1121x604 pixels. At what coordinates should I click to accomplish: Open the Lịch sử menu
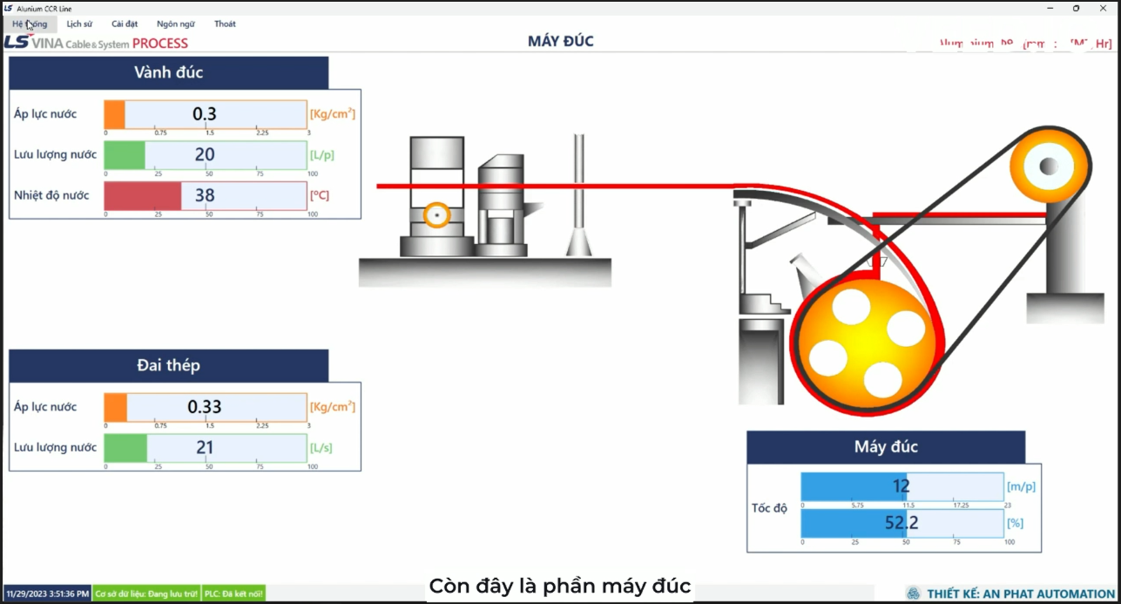pos(79,24)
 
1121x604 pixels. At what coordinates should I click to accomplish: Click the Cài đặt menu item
pos(125,24)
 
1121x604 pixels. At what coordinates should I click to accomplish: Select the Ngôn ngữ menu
pos(176,24)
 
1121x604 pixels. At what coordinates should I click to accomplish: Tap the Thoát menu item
pos(225,24)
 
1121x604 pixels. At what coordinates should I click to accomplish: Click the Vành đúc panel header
pos(169,72)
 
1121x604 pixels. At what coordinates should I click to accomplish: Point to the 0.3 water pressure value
pos(205,114)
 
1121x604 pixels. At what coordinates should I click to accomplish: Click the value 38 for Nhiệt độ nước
pos(205,196)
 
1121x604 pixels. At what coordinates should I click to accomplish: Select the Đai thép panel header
pos(169,365)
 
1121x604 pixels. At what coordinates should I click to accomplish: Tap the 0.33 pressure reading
pos(205,407)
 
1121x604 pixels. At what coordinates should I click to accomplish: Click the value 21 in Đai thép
pos(205,448)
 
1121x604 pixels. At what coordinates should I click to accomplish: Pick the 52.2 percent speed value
pos(902,524)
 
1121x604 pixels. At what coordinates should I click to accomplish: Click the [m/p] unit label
pos(1021,487)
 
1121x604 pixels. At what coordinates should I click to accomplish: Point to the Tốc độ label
pos(769,508)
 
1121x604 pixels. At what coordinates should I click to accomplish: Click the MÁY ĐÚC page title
pos(560,41)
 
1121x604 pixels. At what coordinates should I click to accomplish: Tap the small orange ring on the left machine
pos(436,214)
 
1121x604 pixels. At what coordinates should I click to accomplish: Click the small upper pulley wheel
pos(1050,166)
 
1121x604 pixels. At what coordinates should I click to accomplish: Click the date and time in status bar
pos(47,594)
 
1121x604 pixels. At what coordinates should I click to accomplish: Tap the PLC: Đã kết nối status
pos(233,594)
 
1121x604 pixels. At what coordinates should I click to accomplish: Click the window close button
pos(1103,9)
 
